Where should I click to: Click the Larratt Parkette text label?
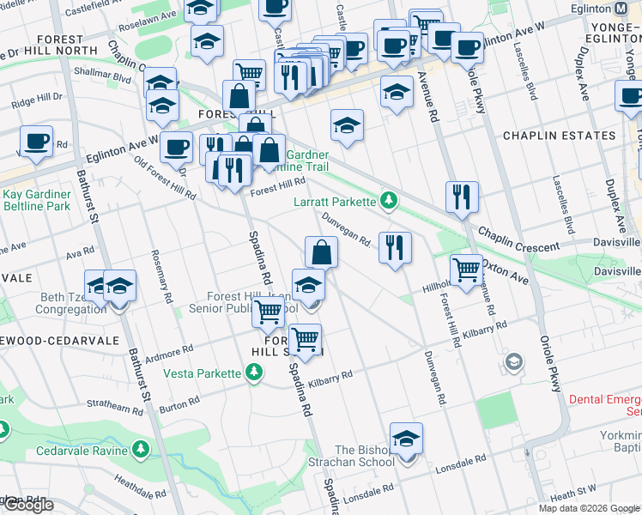pos(334,201)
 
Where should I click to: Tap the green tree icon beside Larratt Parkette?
pos(390,201)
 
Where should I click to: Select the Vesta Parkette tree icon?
pos(253,373)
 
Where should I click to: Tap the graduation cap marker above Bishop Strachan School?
pos(407,439)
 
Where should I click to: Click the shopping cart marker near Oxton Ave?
pos(466,270)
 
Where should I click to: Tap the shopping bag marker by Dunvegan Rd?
pos(321,252)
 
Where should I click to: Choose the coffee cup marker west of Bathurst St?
pos(37,142)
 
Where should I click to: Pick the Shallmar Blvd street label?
pos(103,76)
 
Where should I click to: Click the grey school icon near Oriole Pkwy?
pos(512,361)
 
